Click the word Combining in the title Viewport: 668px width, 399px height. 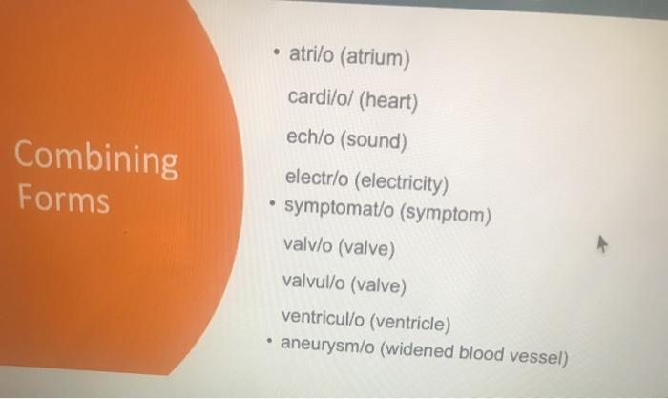(96, 159)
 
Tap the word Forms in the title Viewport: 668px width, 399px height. (64, 199)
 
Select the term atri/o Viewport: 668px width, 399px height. (311, 54)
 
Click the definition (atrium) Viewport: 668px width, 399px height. (375, 58)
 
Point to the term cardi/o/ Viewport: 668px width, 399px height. (321, 97)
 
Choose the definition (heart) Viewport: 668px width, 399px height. (388, 102)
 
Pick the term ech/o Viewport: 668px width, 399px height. (310, 137)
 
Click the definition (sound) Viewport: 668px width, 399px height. (374, 140)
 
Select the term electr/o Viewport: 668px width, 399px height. (317, 178)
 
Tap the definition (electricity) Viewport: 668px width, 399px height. (402, 182)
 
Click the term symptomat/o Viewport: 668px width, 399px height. (339, 208)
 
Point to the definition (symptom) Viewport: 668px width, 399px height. (446, 213)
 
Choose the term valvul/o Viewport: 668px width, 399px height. (314, 282)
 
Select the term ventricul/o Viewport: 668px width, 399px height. (323, 318)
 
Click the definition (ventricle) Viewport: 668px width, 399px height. (410, 323)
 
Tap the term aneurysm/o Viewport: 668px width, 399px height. (327, 346)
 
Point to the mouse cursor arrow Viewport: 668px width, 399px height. (601, 243)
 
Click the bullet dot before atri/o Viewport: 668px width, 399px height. (277, 52)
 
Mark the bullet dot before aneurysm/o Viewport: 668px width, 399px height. (269, 341)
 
